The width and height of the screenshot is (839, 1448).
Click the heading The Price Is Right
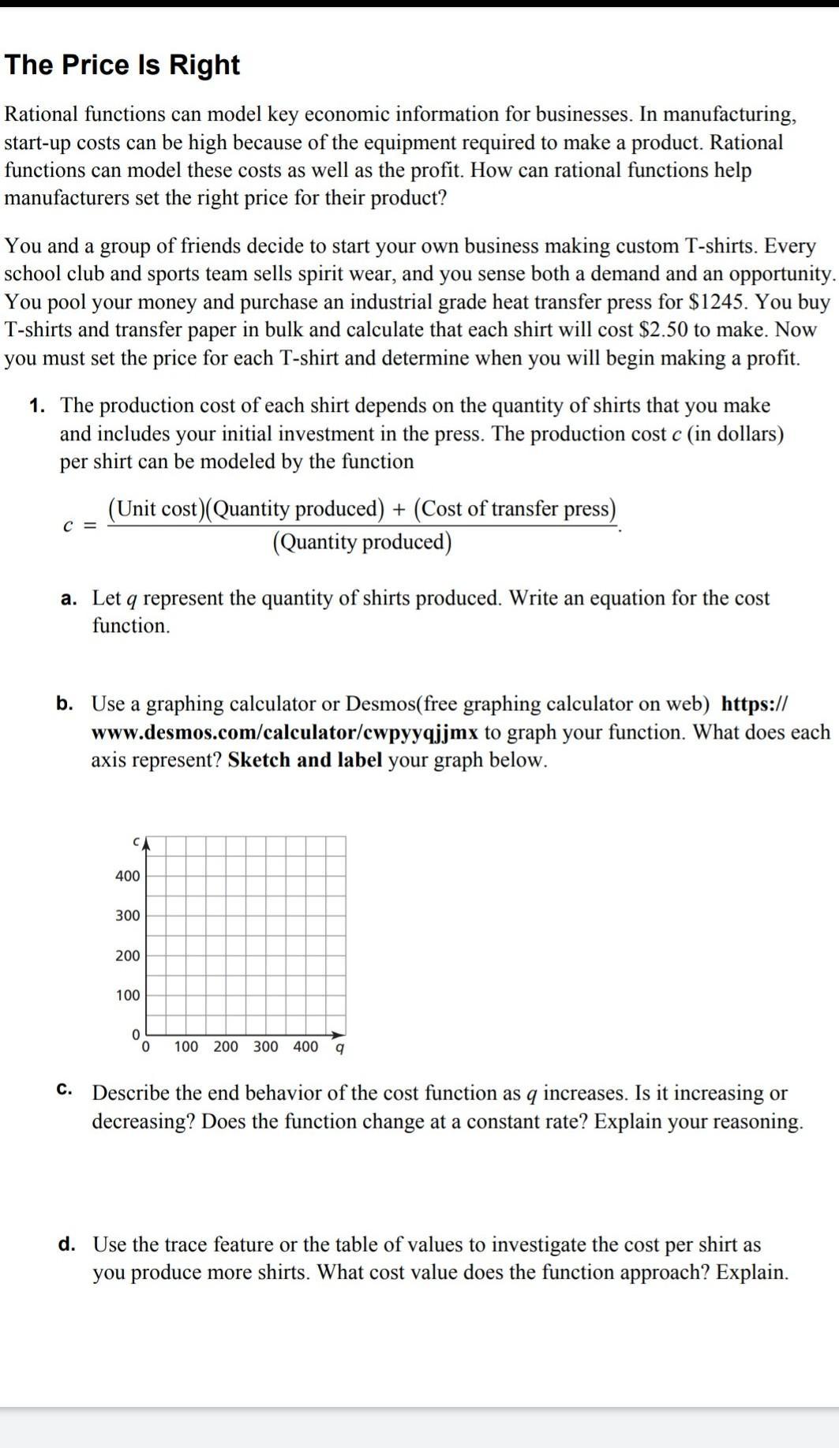click(122, 65)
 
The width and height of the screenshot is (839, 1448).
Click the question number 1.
click(36, 406)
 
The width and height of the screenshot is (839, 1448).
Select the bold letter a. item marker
click(69, 598)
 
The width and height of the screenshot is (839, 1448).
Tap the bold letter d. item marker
click(67, 1244)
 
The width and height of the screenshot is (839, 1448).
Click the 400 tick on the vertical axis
click(127, 876)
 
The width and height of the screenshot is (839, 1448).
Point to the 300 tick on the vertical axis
click(127, 915)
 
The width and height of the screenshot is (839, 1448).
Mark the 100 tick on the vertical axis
click(127, 995)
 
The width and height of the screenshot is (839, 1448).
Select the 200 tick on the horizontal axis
click(226, 1047)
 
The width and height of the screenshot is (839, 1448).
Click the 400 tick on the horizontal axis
click(305, 1047)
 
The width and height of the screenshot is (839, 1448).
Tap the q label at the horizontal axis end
click(339, 1048)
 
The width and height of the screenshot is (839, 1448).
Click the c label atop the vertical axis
click(137, 842)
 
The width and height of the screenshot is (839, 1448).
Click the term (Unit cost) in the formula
click(155, 509)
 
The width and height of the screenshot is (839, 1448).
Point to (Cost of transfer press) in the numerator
click(514, 509)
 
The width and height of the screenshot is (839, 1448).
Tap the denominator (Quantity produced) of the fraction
click(362, 543)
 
